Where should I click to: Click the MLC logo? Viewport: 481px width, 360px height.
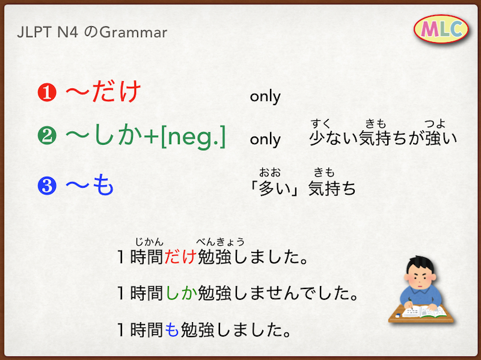pyautogui.click(x=441, y=29)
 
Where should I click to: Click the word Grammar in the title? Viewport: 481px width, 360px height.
pyautogui.click(x=133, y=32)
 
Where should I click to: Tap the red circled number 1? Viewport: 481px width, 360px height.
pyautogui.click(x=47, y=93)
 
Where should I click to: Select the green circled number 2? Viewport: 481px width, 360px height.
pyautogui.click(x=47, y=136)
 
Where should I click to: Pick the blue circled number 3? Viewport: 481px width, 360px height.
pyautogui.click(x=47, y=186)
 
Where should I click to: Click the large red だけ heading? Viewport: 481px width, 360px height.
pyautogui.click(x=117, y=91)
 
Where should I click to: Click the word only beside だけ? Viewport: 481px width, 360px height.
pyautogui.click(x=265, y=96)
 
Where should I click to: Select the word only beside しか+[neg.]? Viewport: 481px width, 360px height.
pyautogui.click(x=265, y=139)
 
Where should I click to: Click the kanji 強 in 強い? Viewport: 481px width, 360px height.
pyautogui.click(x=433, y=138)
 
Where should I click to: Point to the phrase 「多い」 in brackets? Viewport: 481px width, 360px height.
pyautogui.click(x=274, y=188)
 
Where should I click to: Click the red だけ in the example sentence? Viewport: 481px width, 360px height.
pyautogui.click(x=180, y=257)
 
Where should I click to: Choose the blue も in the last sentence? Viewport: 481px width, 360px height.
pyautogui.click(x=172, y=330)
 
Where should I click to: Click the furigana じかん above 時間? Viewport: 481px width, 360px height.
pyautogui.click(x=149, y=242)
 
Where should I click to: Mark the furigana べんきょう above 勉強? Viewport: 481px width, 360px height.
pyautogui.click(x=220, y=242)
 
